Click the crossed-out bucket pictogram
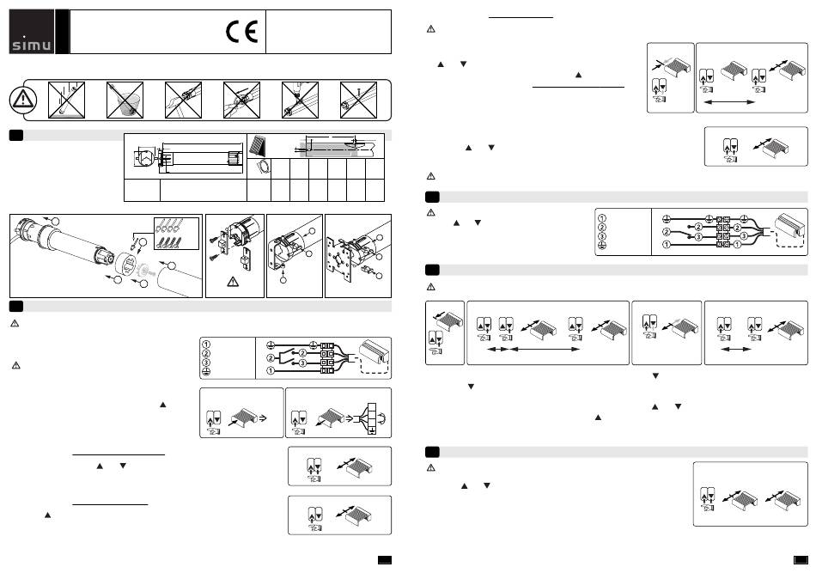125,101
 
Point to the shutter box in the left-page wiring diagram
366,351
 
